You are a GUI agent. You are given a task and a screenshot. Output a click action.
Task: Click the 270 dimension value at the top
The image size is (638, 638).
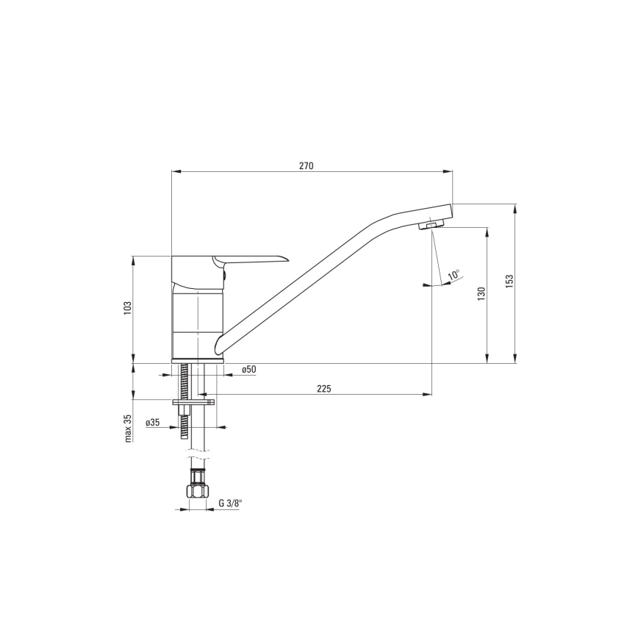coord(307,166)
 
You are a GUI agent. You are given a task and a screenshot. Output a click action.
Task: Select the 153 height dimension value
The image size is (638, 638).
coord(509,283)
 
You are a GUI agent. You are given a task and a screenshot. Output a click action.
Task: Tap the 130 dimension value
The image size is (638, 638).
coord(481,293)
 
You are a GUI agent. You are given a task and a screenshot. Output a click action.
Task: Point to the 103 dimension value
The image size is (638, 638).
coord(127,309)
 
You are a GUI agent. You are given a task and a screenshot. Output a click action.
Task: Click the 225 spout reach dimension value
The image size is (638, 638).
coord(324,389)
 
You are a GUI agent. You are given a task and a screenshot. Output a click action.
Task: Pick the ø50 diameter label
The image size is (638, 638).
coord(248,370)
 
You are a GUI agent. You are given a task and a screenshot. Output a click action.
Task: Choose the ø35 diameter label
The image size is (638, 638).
coord(153,422)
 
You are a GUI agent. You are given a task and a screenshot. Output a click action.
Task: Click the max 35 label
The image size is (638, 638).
coord(127,428)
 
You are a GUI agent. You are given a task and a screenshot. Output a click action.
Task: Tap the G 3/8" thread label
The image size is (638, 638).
coord(230,503)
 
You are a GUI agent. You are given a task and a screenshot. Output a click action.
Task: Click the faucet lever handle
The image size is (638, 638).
coord(250,259)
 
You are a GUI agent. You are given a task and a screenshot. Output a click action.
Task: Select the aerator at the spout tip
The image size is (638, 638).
coord(431,225)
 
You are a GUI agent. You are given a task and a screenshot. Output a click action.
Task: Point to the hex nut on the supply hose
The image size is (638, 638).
coord(197,492)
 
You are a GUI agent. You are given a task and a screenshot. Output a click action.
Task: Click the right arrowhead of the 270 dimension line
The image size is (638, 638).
coord(449,172)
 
